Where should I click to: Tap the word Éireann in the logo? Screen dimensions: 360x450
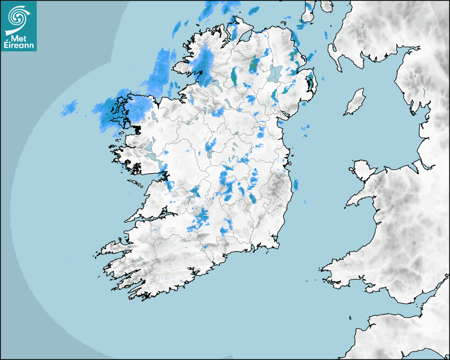click(x=20, y=46)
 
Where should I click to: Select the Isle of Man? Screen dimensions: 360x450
click(x=355, y=102)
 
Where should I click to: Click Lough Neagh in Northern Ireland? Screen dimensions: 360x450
click(x=276, y=73)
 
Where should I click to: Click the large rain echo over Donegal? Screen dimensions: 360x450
click(x=204, y=64)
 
